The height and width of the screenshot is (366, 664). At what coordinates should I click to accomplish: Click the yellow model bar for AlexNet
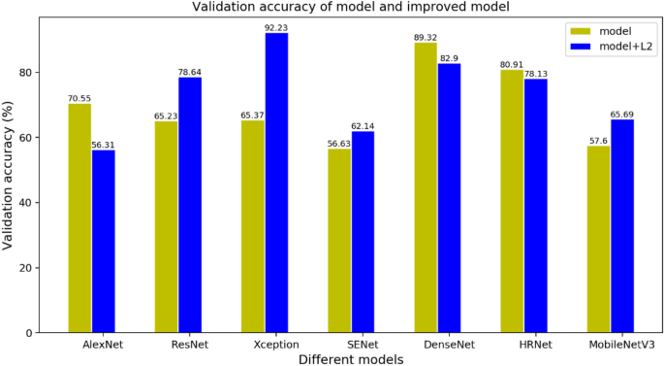click(79, 217)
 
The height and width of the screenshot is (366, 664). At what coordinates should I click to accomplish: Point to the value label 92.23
click(276, 27)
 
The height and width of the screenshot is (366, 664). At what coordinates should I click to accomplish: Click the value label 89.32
click(426, 37)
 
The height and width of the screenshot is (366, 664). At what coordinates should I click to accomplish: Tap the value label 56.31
click(104, 145)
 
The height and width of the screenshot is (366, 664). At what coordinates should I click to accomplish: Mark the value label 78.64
click(190, 71)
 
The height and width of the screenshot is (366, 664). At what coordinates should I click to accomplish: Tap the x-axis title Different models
click(351, 358)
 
